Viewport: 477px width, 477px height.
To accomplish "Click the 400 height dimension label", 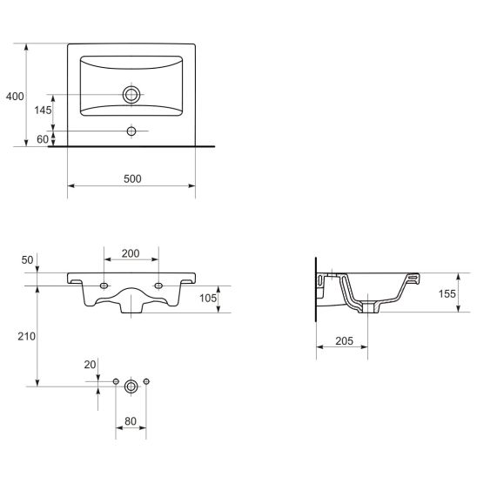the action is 15,97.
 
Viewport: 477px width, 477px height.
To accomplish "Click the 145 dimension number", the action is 43,111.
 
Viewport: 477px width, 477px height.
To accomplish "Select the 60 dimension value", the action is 43,139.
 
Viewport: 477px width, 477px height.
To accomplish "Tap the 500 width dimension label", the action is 132,179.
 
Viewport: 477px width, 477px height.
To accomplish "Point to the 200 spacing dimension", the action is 131,253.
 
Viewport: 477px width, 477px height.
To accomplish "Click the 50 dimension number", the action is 27,260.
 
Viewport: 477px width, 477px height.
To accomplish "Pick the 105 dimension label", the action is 208,299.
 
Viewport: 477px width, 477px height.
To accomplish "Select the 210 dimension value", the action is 26,337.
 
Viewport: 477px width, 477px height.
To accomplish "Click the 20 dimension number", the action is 90,365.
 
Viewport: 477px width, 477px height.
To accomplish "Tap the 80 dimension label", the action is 131,421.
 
